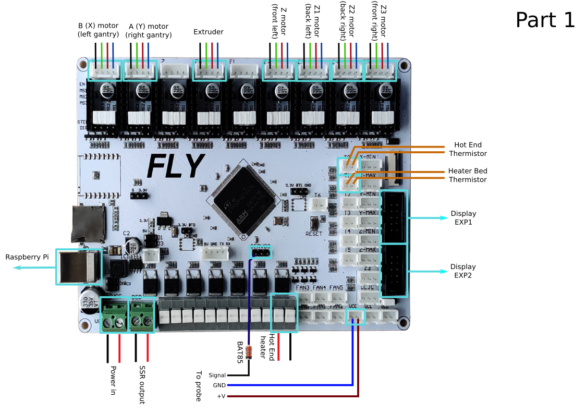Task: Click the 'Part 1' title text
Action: click(545, 20)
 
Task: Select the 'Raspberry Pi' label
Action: click(27, 257)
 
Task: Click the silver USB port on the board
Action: click(79, 266)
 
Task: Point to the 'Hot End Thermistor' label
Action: click(468, 149)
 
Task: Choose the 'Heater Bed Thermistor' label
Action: click(467, 175)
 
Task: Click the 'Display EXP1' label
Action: click(463, 218)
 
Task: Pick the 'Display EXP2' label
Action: click(463, 271)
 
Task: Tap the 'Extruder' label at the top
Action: click(209, 32)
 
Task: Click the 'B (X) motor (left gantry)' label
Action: click(99, 30)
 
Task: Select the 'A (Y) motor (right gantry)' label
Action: click(149, 30)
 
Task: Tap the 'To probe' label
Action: click(198, 386)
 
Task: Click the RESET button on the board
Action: click(314, 223)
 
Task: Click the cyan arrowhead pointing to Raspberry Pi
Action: click(17, 267)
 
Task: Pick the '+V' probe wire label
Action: click(221, 396)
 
